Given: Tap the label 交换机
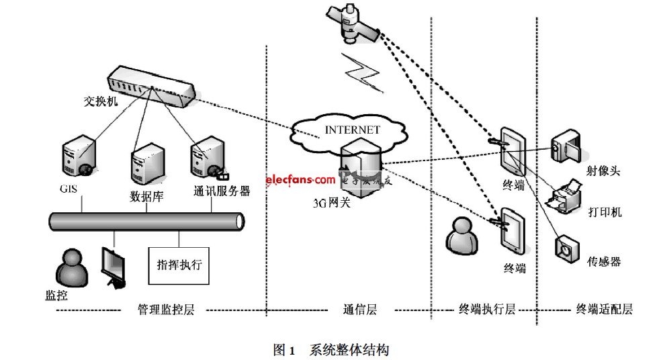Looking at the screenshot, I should point(100,102).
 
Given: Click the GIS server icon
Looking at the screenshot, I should point(77,159).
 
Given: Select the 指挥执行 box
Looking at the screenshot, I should point(179,264).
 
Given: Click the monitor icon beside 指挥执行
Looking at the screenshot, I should point(113,267).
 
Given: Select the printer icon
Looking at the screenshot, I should point(564,196).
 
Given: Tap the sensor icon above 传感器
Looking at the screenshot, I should point(566,248).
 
